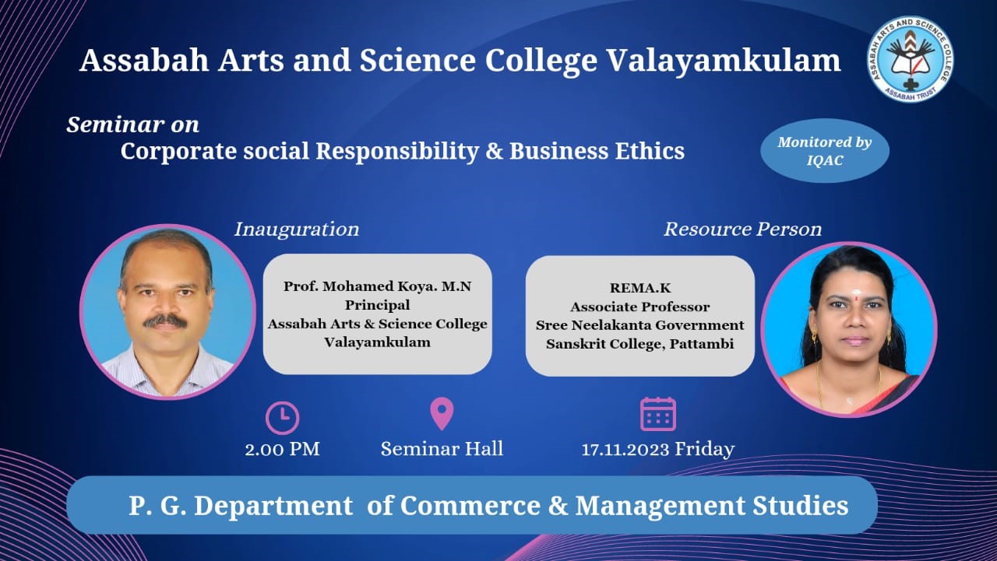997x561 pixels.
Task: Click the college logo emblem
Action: coord(911,58)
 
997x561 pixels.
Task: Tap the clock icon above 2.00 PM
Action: coord(283,418)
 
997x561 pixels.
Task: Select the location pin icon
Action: coord(442,414)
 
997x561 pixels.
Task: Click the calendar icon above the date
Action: coord(658,414)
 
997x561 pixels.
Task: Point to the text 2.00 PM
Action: coord(282,449)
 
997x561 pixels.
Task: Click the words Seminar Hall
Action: coord(442,448)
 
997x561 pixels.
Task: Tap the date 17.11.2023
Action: coord(625,450)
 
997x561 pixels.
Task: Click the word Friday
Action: coord(705,449)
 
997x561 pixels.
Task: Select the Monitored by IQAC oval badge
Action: coord(825,151)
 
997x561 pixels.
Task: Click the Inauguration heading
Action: coord(297,230)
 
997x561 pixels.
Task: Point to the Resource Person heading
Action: coord(742,230)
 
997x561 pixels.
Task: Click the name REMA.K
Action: coord(640,288)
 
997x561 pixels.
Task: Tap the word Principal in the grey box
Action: coord(378,305)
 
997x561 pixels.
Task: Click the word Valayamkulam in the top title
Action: coord(724,61)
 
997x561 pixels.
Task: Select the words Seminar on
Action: coord(132,125)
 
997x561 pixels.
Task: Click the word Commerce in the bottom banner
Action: coord(470,506)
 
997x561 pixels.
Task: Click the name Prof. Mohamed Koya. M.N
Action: coord(378,286)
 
